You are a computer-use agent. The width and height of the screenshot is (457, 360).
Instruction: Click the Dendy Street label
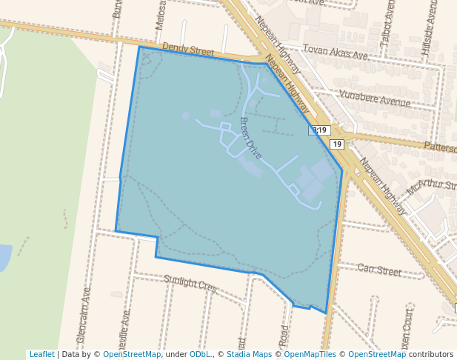point(188,50)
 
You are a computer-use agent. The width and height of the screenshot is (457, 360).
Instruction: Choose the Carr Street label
point(378,270)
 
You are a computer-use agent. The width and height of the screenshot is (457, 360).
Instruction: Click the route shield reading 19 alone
point(337,144)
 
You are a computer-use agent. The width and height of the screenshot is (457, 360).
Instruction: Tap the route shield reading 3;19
point(319,130)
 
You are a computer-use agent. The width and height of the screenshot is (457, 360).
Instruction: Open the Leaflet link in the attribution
point(41,354)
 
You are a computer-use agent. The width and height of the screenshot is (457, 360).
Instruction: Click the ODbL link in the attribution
point(199,354)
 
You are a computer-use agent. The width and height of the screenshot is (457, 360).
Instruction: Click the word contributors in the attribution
point(431,354)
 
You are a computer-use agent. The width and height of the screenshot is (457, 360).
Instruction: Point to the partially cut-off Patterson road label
point(440,147)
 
